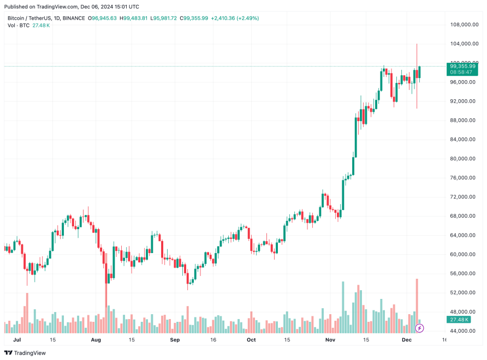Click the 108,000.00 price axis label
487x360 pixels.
(x=464, y=25)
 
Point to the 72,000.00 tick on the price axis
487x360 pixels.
(x=464, y=197)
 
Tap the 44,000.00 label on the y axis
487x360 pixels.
(x=464, y=331)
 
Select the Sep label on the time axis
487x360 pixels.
(x=175, y=340)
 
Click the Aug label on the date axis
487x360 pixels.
(x=96, y=340)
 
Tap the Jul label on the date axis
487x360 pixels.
(x=17, y=340)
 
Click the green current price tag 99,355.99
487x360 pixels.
(x=462, y=66)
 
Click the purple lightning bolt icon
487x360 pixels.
(x=419, y=328)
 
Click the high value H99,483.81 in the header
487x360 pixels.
(x=137, y=18)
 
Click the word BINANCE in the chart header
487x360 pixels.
(x=73, y=18)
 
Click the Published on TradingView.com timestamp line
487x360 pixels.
(x=73, y=7)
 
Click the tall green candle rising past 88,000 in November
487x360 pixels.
(x=357, y=136)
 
